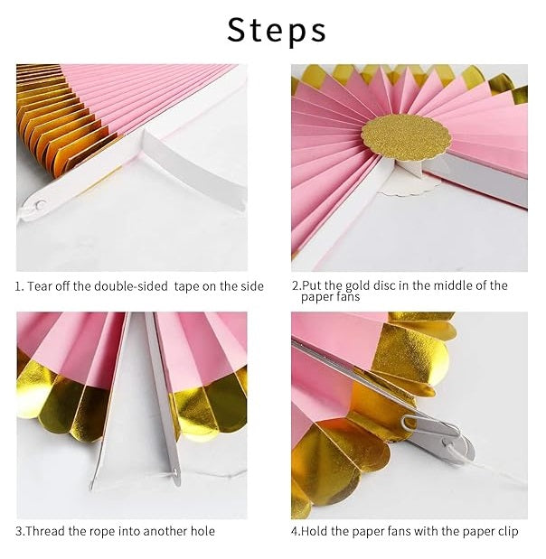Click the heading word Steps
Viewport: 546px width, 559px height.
276,30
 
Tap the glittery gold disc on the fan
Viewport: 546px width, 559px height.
406,135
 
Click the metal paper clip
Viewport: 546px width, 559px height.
432,432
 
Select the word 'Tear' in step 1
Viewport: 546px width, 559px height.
42,286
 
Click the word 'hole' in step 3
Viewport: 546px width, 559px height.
202,531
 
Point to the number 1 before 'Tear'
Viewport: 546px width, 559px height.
19,286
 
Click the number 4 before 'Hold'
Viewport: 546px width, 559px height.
295,531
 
